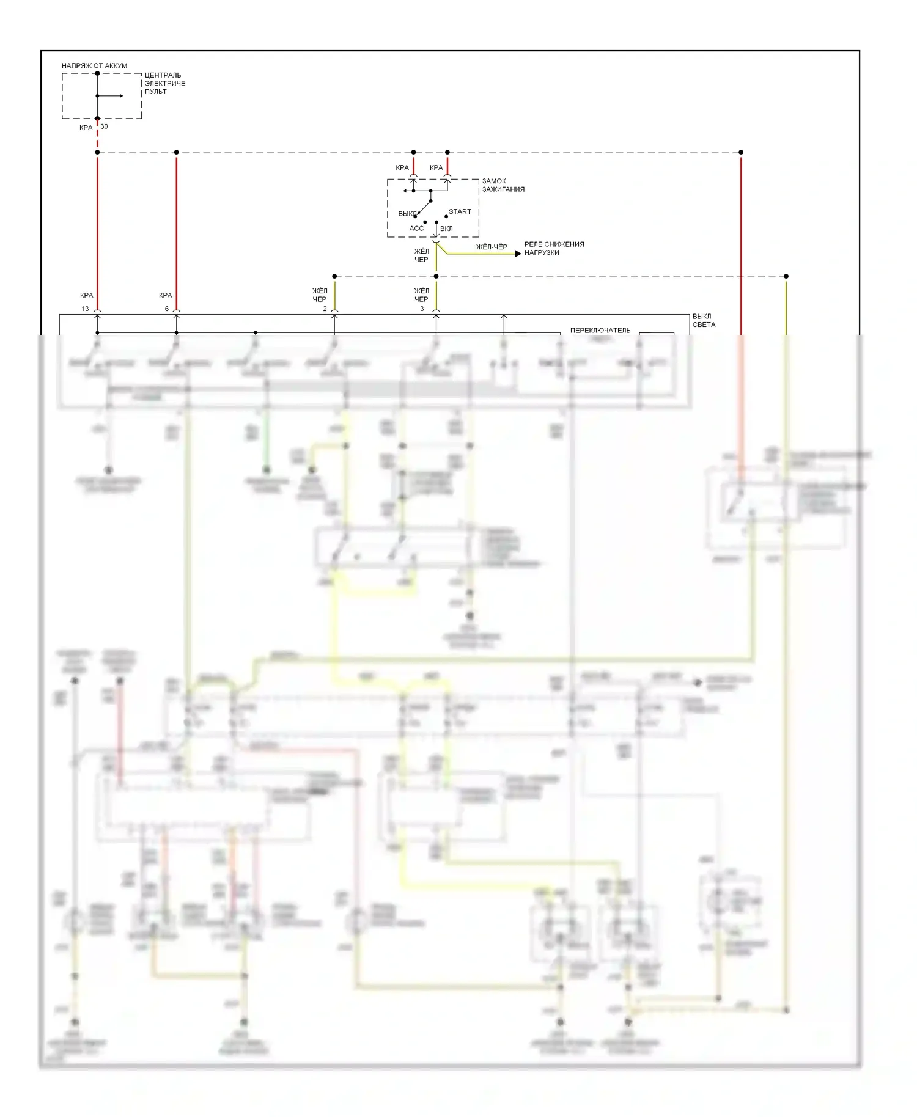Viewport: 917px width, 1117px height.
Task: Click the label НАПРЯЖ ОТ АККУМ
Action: coord(94,65)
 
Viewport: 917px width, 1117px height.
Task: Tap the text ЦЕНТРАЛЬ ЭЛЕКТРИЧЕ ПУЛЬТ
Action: coord(164,84)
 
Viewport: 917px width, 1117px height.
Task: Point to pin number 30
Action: coord(104,127)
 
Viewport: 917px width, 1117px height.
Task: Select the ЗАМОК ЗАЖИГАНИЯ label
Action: coord(503,185)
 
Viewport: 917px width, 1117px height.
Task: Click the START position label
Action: coord(460,211)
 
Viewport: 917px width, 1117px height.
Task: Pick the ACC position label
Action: coord(416,229)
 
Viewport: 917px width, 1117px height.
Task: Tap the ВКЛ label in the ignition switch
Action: coord(446,229)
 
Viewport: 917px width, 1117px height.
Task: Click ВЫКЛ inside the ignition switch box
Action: coord(407,214)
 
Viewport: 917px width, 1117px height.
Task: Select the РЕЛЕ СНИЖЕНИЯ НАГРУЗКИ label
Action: coord(554,248)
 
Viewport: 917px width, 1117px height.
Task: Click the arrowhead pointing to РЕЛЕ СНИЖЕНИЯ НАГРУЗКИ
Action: coord(518,253)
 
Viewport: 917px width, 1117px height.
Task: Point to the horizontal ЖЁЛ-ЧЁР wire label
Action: coord(492,247)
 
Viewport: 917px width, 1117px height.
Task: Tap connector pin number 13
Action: coord(86,309)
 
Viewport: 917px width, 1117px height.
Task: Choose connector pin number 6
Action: coord(166,309)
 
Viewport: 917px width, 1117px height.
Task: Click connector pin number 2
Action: coord(325,309)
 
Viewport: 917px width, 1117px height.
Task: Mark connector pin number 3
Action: coord(422,309)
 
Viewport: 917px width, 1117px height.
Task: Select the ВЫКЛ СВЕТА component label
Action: coord(703,320)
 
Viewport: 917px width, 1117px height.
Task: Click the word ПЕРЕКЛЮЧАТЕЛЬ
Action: coord(600,331)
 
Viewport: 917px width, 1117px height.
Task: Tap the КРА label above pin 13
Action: coord(86,295)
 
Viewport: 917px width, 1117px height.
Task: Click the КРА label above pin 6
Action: coord(165,295)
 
